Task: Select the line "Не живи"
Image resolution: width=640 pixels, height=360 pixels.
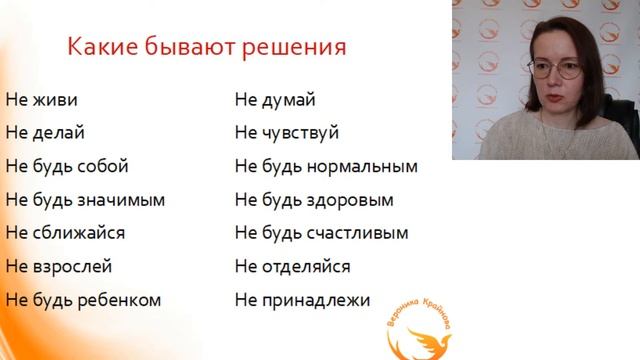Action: pyautogui.click(x=41, y=100)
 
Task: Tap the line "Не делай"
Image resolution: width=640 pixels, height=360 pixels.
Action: pyautogui.click(x=45, y=132)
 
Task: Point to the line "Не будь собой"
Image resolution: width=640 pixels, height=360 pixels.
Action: pyautogui.click(x=67, y=166)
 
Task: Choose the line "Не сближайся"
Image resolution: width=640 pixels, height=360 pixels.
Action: pyautogui.click(x=65, y=233)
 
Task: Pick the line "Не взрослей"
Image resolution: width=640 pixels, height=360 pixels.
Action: pyautogui.click(x=58, y=266)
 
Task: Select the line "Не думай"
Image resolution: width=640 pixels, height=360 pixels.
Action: pyautogui.click(x=275, y=100)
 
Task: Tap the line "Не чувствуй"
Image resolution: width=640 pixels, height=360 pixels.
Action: pyautogui.click(x=287, y=132)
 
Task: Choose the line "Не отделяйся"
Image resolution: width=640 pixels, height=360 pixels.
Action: pyautogui.click(x=293, y=266)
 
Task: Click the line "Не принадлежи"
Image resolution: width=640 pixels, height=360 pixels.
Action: pyautogui.click(x=303, y=299)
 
